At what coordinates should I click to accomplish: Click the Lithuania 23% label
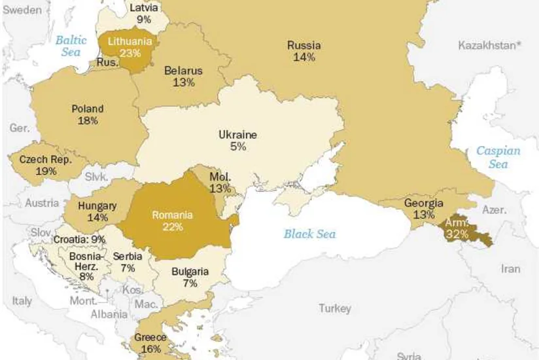pyautogui.click(x=130, y=47)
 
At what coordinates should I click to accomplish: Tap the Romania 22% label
pyautogui.click(x=172, y=221)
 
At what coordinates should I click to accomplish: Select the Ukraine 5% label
pyautogui.click(x=237, y=141)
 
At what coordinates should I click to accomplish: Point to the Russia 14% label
pyautogui.click(x=304, y=51)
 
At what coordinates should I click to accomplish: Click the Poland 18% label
pyautogui.click(x=87, y=115)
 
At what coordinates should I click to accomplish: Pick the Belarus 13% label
pyautogui.click(x=183, y=76)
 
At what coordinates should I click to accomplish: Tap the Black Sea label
pyautogui.click(x=309, y=234)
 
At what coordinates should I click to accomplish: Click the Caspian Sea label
pyautogui.click(x=498, y=157)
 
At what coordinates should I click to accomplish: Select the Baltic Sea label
pyautogui.click(x=71, y=46)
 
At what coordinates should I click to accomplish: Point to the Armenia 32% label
pyautogui.click(x=457, y=228)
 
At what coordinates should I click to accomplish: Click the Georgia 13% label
pyautogui.click(x=423, y=209)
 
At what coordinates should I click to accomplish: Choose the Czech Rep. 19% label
pyautogui.click(x=45, y=165)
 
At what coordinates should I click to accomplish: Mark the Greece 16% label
pyautogui.click(x=150, y=343)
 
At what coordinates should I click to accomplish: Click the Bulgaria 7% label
pyautogui.click(x=190, y=277)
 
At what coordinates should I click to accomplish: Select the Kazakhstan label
pyautogui.click(x=490, y=45)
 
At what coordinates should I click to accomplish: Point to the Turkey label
pyautogui.click(x=334, y=308)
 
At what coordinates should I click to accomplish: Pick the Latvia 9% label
pyautogui.click(x=144, y=13)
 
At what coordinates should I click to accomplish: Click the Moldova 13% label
pyautogui.click(x=220, y=183)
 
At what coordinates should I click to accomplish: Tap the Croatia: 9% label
pyautogui.click(x=79, y=239)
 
